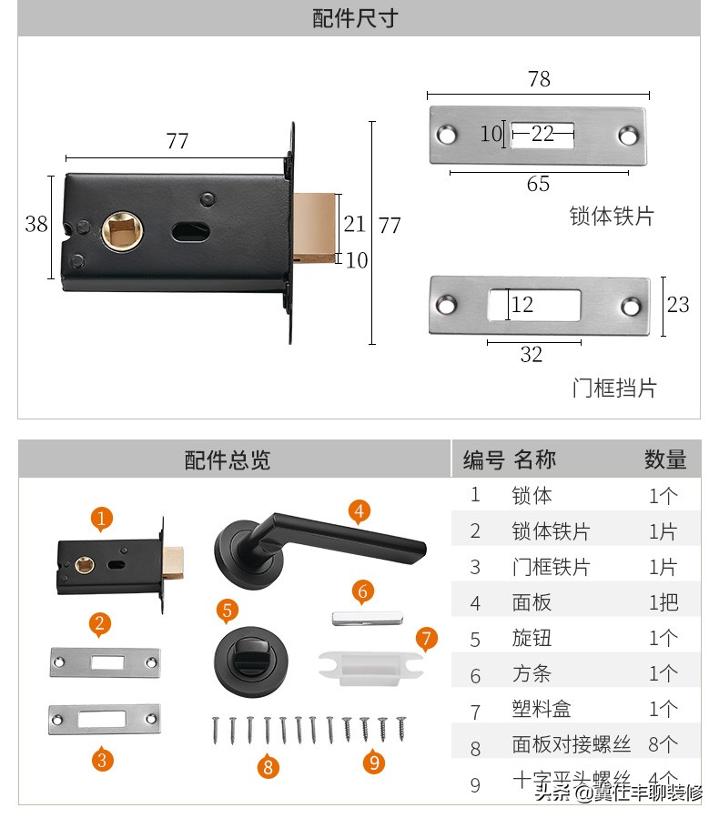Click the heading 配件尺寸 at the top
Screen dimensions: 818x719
coord(355,18)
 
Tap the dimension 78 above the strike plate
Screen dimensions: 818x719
coord(539,79)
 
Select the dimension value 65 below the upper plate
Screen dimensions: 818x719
coord(538,184)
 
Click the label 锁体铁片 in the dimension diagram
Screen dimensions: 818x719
coord(612,217)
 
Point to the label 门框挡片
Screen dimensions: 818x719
coord(613,388)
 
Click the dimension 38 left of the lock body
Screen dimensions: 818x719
coord(36,224)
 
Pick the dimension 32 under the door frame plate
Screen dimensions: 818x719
coord(532,355)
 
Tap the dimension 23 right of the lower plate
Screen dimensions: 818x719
coord(678,304)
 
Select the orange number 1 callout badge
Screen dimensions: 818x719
coord(102,519)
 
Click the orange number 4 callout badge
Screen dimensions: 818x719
coord(359,511)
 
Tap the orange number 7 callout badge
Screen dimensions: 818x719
coord(427,638)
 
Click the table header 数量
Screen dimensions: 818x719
coord(665,459)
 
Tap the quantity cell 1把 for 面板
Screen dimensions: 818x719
coord(663,602)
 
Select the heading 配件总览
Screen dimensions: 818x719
coord(228,459)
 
